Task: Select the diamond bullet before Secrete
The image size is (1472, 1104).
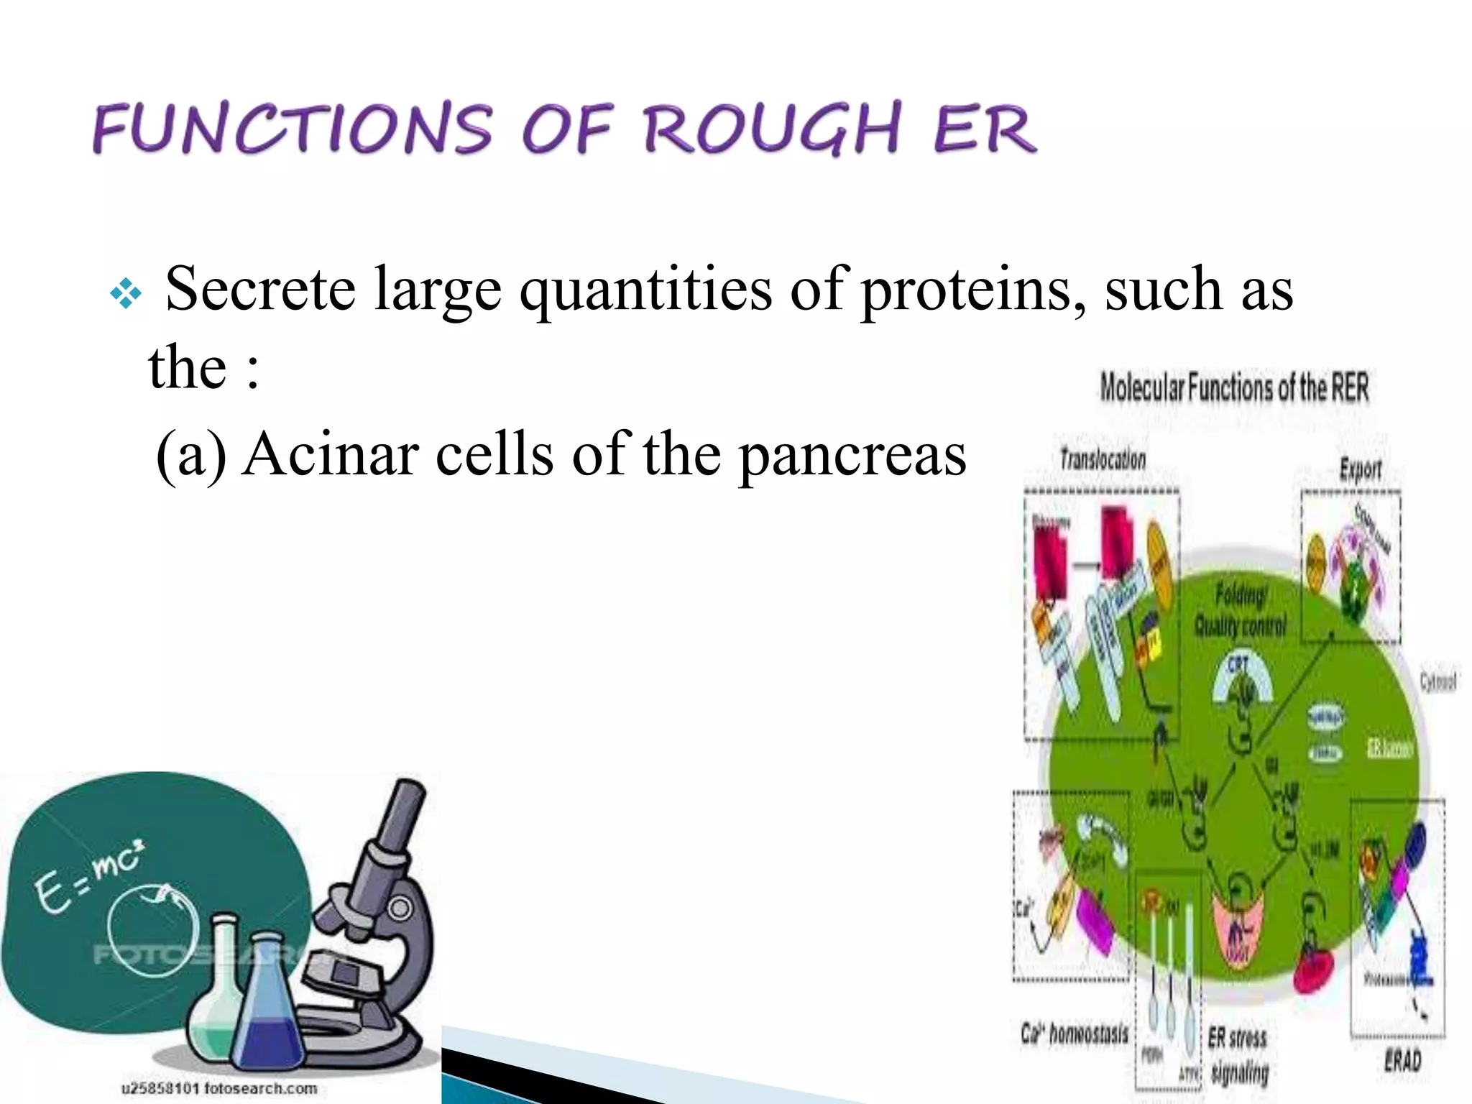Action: pyautogui.click(x=126, y=294)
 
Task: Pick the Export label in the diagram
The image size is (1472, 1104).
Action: pyautogui.click(x=1360, y=471)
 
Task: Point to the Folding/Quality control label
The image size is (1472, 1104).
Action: pyautogui.click(x=1239, y=612)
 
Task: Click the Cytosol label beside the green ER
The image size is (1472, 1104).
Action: pyautogui.click(x=1437, y=681)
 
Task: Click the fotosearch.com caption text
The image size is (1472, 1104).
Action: pyautogui.click(x=219, y=1088)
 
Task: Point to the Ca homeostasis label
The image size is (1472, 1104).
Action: pyautogui.click(x=1074, y=1035)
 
